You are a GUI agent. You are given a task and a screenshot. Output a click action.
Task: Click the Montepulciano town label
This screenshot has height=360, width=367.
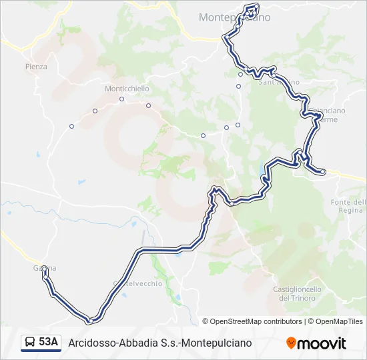234,18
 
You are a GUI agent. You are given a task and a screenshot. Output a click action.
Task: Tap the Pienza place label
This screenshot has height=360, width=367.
36,67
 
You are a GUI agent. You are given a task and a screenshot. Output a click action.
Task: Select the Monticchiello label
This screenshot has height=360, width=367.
127,89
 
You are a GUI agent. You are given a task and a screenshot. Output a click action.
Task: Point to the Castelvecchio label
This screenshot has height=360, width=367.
138,283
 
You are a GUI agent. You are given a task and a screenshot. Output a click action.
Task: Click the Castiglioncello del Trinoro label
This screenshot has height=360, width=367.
298,293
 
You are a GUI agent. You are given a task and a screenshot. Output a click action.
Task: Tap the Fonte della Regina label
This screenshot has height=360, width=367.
348,206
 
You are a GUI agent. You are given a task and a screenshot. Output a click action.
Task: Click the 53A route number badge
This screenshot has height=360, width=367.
48,343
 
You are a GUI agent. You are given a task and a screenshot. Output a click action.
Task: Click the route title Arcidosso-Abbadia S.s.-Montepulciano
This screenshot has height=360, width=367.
160,343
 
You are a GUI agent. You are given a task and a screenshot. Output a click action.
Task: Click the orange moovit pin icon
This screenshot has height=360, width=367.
291,343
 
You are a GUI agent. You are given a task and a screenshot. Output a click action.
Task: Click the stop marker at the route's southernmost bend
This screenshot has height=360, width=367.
89,321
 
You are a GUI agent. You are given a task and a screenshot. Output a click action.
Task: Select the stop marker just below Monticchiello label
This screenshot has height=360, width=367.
122,100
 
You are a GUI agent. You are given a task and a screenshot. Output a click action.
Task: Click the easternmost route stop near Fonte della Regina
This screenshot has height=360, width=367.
323,172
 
